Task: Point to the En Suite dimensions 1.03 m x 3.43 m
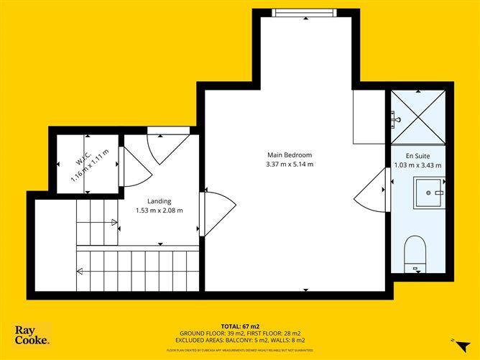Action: point(417,165)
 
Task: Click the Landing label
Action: point(160,201)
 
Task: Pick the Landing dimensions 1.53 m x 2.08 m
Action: point(160,211)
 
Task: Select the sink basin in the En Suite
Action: point(430,193)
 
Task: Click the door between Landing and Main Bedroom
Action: point(215,213)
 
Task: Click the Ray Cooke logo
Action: point(32,334)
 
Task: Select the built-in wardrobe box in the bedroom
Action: point(370,117)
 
